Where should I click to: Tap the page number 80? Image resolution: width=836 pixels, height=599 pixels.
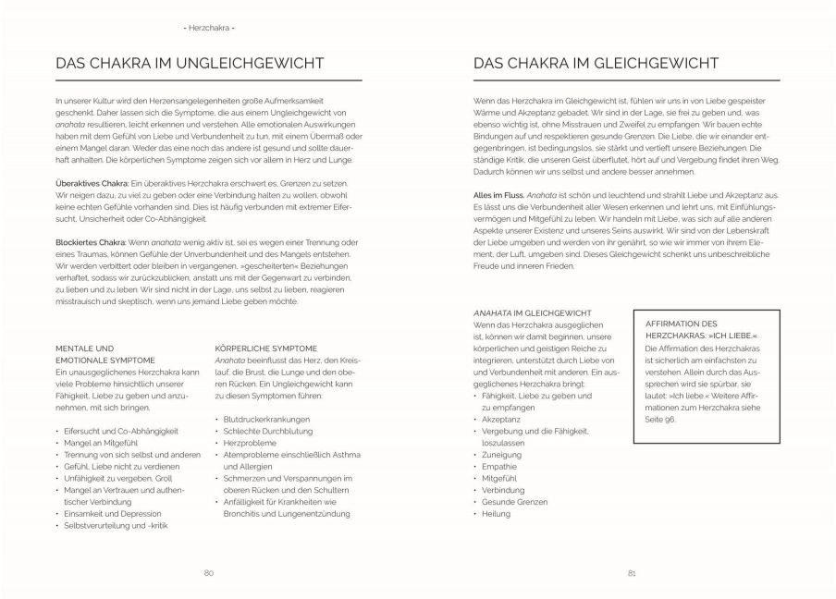(209, 573)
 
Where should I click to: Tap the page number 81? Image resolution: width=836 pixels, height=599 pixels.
(631, 573)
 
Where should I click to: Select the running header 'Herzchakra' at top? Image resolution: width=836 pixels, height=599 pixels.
(209, 28)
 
